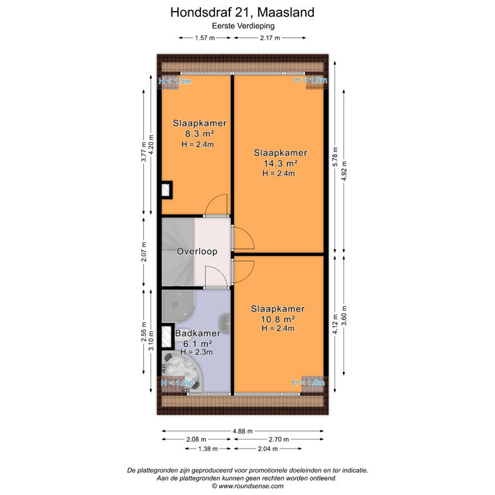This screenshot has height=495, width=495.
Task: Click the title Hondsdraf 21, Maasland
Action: (243, 12)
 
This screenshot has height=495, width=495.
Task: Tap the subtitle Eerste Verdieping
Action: (243, 26)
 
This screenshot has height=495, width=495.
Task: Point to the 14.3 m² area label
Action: (278, 163)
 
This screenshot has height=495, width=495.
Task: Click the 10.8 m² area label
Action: (278, 318)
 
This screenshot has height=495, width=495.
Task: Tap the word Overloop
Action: (197, 252)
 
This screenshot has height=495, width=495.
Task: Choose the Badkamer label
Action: (198, 334)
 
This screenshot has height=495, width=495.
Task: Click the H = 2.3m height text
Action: (197, 353)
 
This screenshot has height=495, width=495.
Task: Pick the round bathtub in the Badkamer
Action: (182, 372)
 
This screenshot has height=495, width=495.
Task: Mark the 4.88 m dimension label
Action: (242, 432)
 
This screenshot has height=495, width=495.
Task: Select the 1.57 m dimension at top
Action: (204, 38)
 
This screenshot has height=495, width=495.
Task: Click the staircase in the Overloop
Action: (177, 251)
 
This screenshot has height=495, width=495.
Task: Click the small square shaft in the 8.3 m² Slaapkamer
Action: (166, 190)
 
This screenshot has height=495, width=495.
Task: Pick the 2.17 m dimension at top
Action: (270, 38)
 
